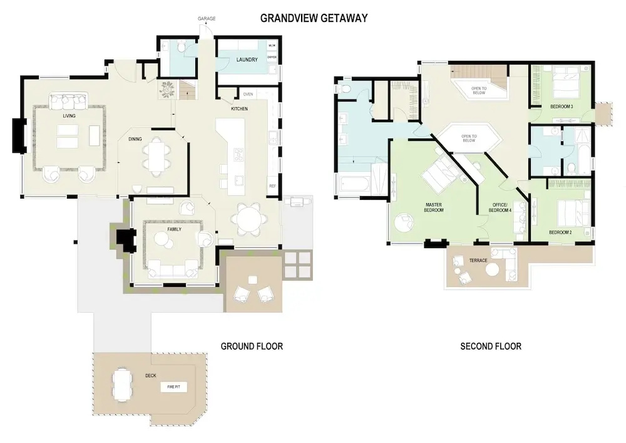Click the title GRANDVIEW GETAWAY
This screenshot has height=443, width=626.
click(x=314, y=18)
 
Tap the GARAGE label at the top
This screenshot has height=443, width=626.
click(x=207, y=18)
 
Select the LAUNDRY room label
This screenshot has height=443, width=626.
click(x=247, y=60)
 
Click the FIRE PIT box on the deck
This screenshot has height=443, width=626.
click(x=173, y=387)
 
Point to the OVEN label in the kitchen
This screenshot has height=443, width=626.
click(x=248, y=94)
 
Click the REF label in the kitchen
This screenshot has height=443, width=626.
click(x=273, y=186)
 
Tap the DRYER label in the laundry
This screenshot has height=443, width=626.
click(x=272, y=57)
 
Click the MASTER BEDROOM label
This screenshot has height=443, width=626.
click(x=434, y=207)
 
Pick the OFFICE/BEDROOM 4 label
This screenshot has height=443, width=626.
click(x=500, y=207)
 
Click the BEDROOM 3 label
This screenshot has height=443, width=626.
click(x=562, y=107)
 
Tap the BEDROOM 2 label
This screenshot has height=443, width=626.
click(x=560, y=232)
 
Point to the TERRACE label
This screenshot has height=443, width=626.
click(x=478, y=261)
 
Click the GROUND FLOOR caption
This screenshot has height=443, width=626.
click(x=252, y=347)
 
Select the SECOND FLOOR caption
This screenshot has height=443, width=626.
click(x=491, y=347)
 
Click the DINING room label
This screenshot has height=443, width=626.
click(x=135, y=139)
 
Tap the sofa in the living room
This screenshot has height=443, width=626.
click(x=69, y=102)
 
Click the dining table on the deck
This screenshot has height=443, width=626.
click(x=121, y=384)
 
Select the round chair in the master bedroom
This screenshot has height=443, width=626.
click(x=403, y=222)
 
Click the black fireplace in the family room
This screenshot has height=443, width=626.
click(x=126, y=240)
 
